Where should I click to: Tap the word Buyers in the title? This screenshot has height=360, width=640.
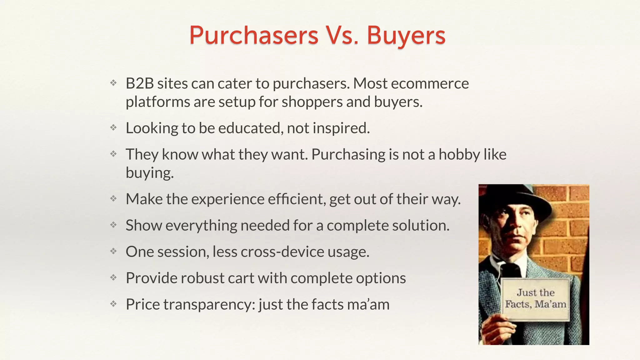(406, 35)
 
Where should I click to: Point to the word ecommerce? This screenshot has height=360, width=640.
(430, 83)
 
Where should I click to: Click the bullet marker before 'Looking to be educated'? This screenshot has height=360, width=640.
(113, 127)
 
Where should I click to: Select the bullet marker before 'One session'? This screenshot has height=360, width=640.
(113, 251)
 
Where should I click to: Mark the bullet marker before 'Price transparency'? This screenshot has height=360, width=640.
(113, 304)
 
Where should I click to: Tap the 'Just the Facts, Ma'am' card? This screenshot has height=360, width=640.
(536, 299)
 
